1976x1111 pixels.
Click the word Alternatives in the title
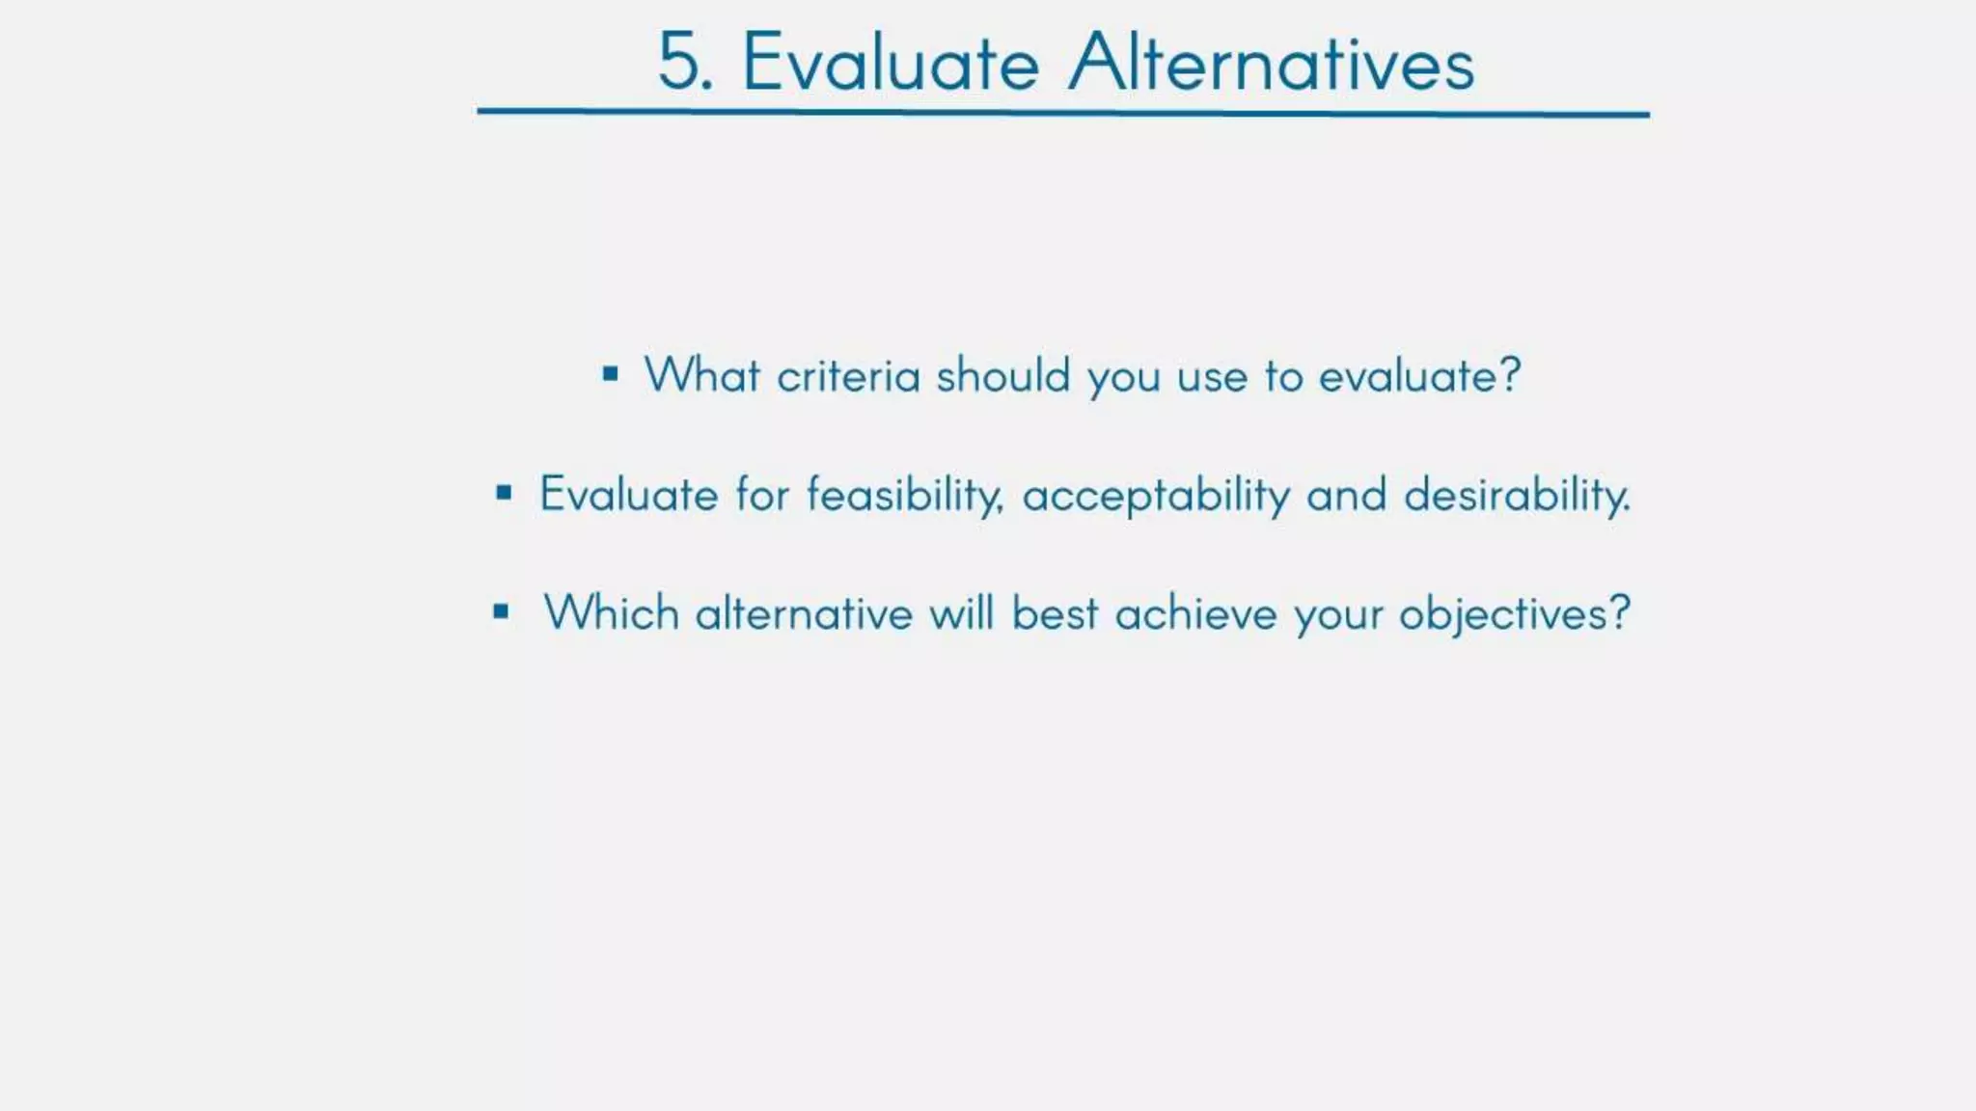pyautogui.click(x=1272, y=64)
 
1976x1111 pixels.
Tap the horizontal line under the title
pyautogui.click(x=1062, y=113)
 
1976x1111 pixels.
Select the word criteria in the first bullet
pyautogui.click(x=848, y=375)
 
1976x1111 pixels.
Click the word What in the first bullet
pyautogui.click(x=701, y=375)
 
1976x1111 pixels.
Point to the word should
pyautogui.click(x=1002, y=375)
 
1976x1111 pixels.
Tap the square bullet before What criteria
pyautogui.click(x=610, y=373)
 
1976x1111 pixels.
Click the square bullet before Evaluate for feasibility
pyautogui.click(x=504, y=494)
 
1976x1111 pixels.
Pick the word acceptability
pyautogui.click(x=1155, y=496)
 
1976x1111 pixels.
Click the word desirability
pyautogui.click(x=1516, y=496)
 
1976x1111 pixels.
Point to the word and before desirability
pyautogui.click(x=1346, y=496)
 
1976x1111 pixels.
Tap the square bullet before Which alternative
pyautogui.click(x=501, y=610)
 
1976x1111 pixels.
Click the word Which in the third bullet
pyautogui.click(x=611, y=613)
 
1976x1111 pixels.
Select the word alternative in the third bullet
pyautogui.click(x=804, y=613)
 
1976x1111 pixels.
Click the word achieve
pyautogui.click(x=1195, y=613)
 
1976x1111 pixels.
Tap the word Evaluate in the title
pyautogui.click(x=891, y=64)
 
